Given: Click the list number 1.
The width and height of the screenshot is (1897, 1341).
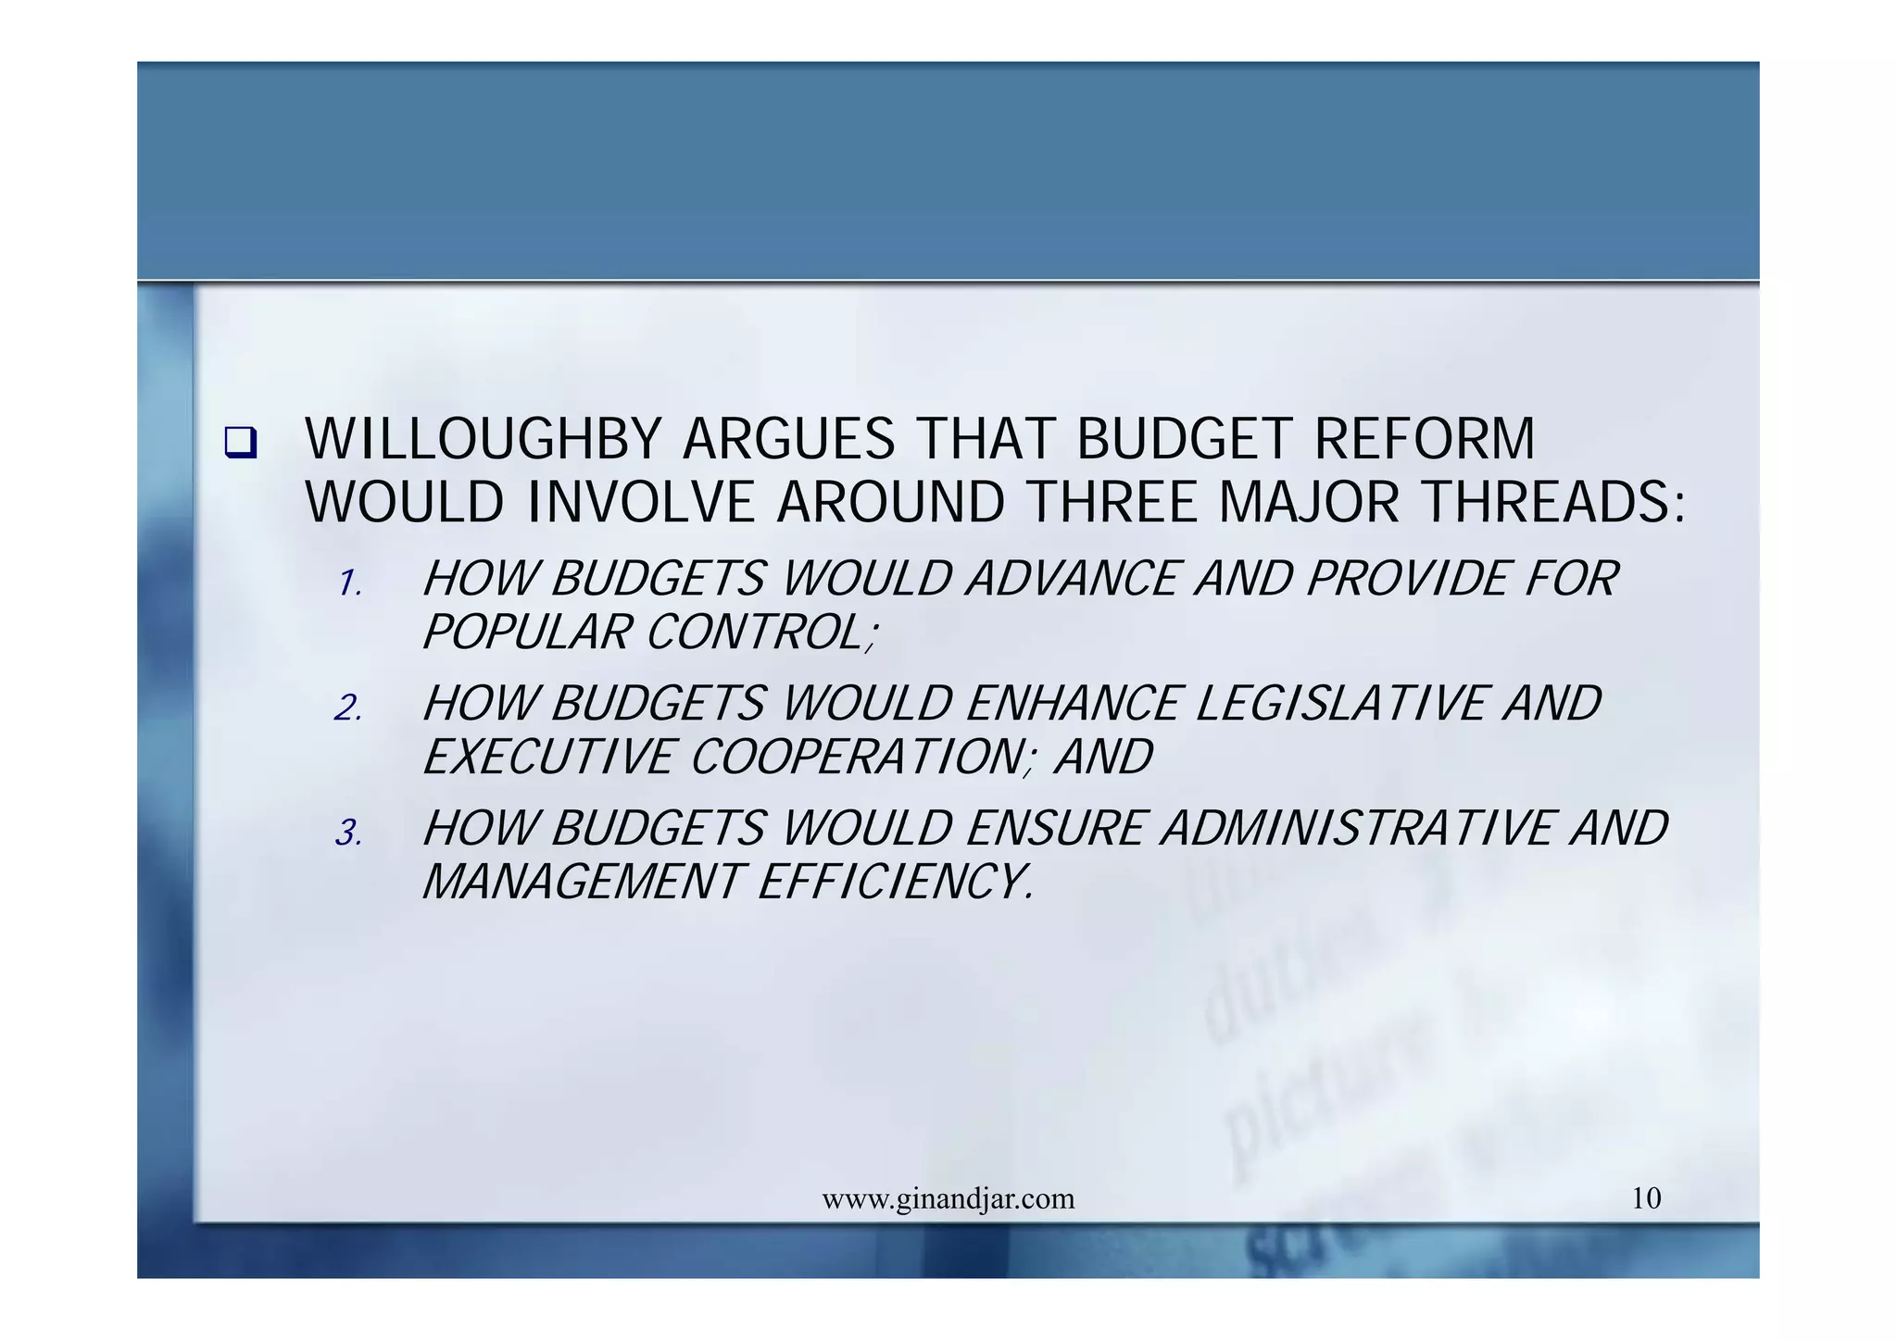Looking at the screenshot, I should click(349, 584).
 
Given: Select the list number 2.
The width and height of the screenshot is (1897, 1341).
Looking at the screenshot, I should click(348, 709).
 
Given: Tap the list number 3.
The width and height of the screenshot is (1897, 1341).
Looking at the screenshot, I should click(348, 833).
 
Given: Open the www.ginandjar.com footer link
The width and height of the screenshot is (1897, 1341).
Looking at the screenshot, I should click(948, 1199).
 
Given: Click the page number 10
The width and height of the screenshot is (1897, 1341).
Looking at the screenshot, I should click(1646, 1199).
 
